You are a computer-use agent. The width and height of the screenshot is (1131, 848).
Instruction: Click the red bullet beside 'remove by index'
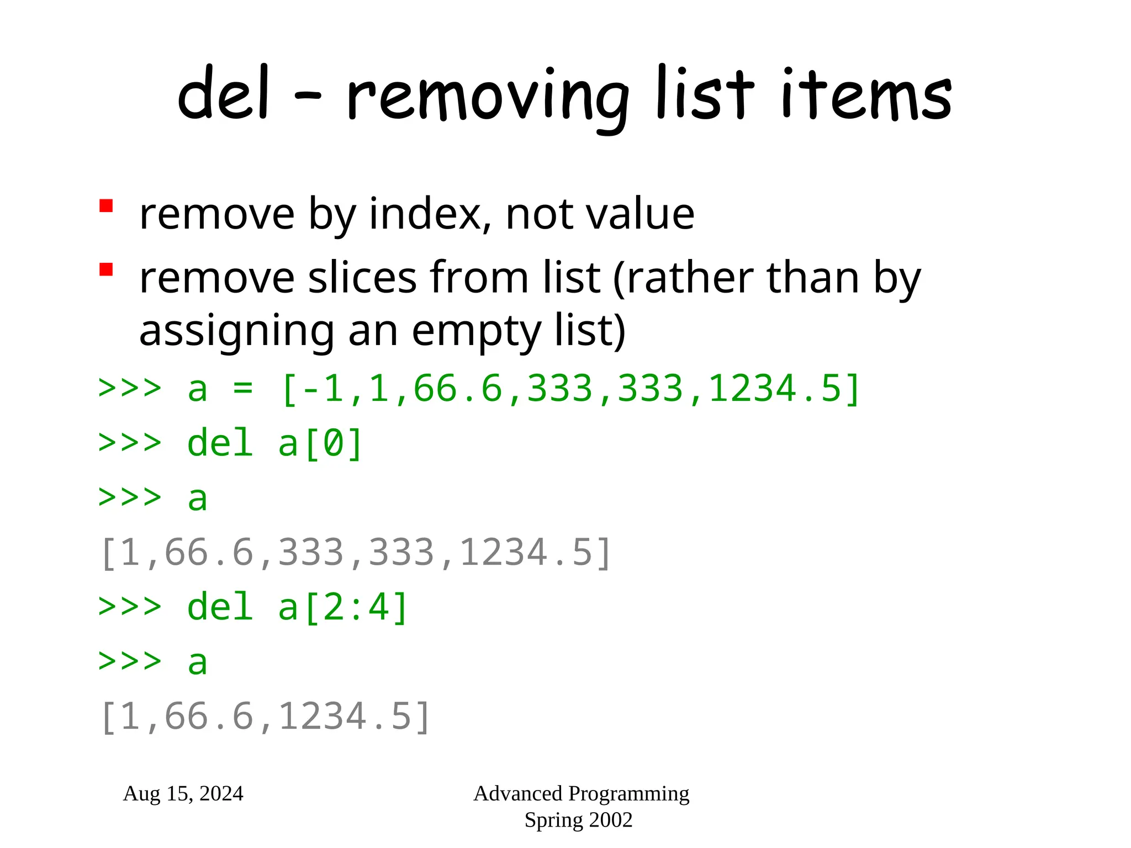point(106,206)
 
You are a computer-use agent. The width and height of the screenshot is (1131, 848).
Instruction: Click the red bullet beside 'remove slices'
point(106,269)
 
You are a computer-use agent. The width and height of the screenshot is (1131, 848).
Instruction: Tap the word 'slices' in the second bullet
point(362,278)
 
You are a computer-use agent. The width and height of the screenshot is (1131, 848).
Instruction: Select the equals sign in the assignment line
point(243,389)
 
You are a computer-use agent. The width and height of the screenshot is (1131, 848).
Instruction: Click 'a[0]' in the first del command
point(320,443)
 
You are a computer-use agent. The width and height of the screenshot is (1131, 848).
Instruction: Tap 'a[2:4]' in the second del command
point(343,607)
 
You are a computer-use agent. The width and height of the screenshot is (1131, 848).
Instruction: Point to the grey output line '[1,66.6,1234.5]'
point(265,717)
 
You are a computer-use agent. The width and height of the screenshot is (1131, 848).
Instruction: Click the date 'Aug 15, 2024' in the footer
point(183,794)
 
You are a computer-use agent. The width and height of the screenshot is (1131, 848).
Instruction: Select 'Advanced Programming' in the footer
point(582,794)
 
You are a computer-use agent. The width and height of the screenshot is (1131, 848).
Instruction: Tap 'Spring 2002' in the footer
point(578,820)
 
